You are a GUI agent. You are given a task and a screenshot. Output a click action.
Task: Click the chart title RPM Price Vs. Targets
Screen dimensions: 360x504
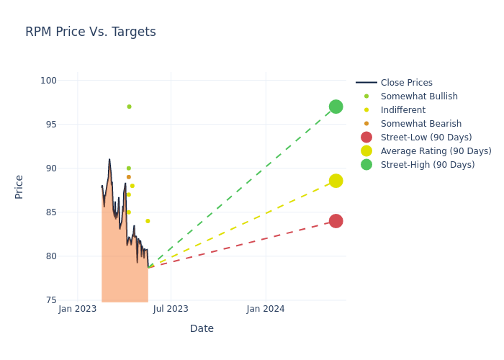coord(91,32)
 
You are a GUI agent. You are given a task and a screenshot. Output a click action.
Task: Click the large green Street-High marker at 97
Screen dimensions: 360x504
coord(336,107)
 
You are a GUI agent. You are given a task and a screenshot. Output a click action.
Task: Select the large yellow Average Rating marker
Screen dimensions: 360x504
coord(336,181)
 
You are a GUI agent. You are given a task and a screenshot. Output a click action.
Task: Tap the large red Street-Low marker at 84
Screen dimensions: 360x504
coord(336,221)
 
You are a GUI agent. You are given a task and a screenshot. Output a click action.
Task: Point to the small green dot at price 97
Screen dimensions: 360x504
coord(129,107)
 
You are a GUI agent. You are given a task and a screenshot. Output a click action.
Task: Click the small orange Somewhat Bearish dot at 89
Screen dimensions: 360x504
coord(129,177)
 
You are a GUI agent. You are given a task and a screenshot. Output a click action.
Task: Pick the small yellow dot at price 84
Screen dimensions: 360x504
coord(148,221)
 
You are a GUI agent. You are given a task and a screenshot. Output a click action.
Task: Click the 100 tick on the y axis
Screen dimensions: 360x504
coord(48,81)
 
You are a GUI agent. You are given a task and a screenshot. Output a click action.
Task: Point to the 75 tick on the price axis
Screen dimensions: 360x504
coord(50,300)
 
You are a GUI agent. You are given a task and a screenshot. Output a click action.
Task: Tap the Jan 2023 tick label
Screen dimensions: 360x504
coord(78,309)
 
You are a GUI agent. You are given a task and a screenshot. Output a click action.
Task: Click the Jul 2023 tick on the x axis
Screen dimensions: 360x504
coord(171,309)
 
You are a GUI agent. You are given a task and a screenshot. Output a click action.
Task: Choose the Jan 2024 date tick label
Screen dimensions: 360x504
coord(266,309)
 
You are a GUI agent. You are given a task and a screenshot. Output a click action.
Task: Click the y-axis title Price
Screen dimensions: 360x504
coord(19,186)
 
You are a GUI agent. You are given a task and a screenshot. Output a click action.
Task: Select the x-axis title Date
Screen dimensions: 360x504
coord(202,329)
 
